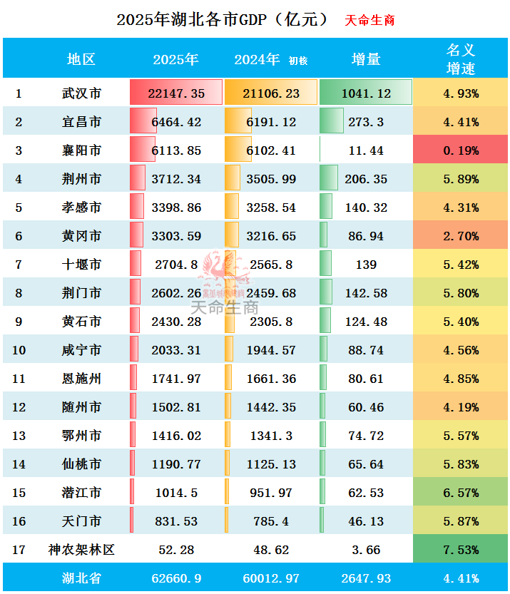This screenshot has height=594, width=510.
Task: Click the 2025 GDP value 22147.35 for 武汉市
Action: [178, 93]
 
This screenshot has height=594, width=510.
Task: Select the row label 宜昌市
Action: [81, 122]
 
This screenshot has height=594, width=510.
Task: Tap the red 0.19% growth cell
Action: [461, 150]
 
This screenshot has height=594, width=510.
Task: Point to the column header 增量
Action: [366, 60]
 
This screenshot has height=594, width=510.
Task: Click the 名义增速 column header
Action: [461, 59]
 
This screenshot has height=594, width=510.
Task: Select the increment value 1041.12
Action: [366, 93]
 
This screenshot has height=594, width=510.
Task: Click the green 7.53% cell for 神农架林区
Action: [461, 550]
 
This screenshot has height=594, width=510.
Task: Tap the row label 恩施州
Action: [81, 379]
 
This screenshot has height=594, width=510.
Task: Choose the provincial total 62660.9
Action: [177, 578]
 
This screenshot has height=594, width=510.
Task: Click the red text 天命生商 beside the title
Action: [369, 20]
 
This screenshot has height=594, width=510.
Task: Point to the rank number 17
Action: [19, 550]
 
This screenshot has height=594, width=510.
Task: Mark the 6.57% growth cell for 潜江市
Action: [461, 493]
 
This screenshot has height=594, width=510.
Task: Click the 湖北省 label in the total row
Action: [81, 578]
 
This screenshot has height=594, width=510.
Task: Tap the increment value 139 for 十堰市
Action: [366, 265]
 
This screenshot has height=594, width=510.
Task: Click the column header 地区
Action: [81, 60]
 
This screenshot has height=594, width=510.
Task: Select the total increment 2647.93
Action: [366, 578]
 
